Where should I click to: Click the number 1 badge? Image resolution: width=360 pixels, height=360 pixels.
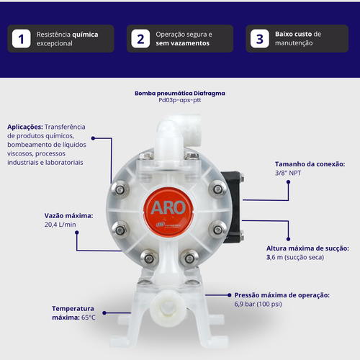[x=22, y=39]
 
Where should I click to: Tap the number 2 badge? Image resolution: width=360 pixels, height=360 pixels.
[x=140, y=39]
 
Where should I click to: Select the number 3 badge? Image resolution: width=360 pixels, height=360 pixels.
[x=260, y=39]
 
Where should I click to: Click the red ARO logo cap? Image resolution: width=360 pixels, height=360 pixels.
[x=168, y=212]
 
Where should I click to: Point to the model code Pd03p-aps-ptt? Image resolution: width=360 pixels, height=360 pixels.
[x=180, y=100]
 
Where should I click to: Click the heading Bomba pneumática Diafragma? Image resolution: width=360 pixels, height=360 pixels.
[x=180, y=93]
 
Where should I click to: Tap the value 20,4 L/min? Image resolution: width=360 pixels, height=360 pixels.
[x=60, y=225]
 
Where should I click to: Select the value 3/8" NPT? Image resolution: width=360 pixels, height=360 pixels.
[x=288, y=173]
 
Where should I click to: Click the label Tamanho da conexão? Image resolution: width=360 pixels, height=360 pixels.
[x=310, y=164]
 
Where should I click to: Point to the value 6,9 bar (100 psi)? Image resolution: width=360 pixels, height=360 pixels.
[x=258, y=304]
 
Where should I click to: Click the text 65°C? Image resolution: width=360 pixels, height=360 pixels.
[x=89, y=318]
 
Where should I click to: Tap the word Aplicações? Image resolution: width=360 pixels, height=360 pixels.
[x=25, y=127]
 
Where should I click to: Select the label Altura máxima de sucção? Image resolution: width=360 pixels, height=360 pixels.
[x=307, y=248]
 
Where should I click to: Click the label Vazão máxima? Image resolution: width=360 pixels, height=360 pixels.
[x=68, y=216]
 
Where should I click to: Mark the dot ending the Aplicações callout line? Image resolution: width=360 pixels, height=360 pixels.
[x=94, y=138]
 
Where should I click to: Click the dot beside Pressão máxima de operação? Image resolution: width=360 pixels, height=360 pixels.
[x=229, y=295]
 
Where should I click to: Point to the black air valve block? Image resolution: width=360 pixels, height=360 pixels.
[x=233, y=207]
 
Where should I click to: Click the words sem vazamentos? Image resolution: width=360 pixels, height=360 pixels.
[x=182, y=43]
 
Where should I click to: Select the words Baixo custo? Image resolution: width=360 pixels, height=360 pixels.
[x=293, y=34]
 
